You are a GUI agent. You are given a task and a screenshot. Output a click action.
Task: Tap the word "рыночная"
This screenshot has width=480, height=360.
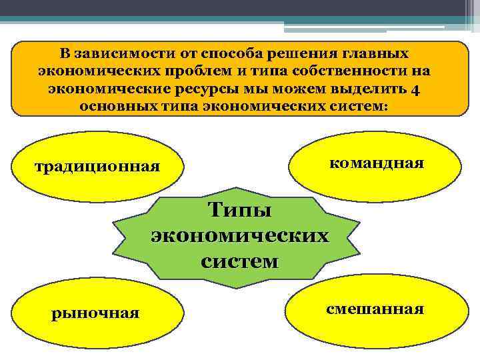(95, 313)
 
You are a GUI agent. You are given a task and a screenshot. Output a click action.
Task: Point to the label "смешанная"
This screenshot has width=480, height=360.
(375, 309)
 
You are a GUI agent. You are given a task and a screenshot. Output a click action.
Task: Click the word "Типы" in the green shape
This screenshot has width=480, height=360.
(239, 211)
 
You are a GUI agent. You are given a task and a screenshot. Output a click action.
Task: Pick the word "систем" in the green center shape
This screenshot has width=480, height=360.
(239, 261)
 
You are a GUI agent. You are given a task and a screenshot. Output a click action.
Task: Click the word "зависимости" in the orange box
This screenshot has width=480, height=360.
(117, 53)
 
